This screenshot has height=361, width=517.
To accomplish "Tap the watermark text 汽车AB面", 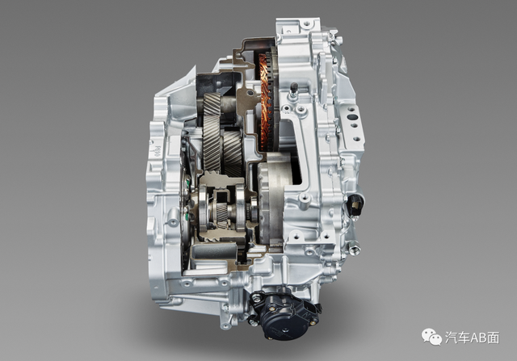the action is point(473,338).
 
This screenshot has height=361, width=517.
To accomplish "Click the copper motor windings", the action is point(264,101).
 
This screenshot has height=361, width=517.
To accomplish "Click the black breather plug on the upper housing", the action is point(293,88).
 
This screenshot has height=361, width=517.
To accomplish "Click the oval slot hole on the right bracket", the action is point(352,117).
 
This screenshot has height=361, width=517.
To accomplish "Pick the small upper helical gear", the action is point(212,104).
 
